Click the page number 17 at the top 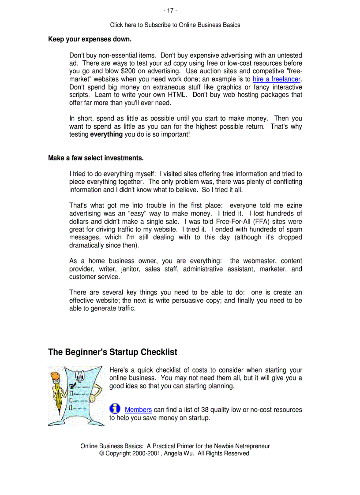[x=170, y=11]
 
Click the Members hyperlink [x=138, y=410]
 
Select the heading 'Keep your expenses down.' [x=90, y=39]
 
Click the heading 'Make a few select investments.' [x=96, y=158]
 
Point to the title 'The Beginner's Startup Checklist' [x=112, y=352]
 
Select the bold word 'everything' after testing [x=106, y=134]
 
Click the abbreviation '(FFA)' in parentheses [x=262, y=222]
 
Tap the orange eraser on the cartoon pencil [x=55, y=376]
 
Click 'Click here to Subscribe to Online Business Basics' [x=175, y=25]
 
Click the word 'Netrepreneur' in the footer [x=251, y=446]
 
